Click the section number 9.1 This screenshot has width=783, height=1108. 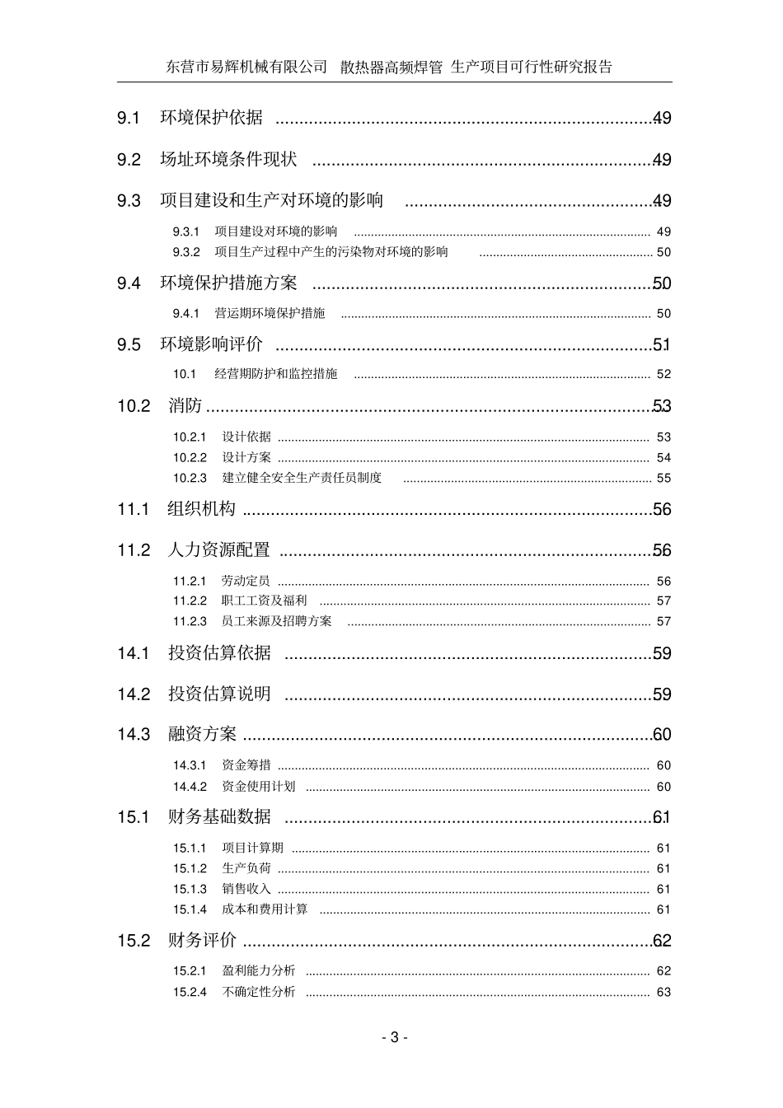click(129, 118)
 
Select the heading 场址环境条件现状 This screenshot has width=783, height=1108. click(228, 159)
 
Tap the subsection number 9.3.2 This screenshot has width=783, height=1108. click(186, 252)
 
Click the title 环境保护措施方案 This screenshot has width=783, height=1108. click(228, 283)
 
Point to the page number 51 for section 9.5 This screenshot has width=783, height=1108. click(662, 344)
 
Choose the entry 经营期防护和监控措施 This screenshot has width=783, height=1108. click(275, 374)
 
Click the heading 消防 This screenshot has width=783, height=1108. click(185, 405)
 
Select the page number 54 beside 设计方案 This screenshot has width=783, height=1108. click(663, 458)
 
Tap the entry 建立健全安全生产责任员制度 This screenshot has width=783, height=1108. click(302, 478)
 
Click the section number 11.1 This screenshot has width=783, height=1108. click(133, 509)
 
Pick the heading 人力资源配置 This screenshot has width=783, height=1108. click(218, 549)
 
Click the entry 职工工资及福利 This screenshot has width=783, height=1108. click(264, 601)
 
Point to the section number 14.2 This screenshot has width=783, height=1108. click(134, 694)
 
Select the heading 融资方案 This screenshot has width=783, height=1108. click(202, 734)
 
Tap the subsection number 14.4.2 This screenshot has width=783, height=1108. click(190, 787)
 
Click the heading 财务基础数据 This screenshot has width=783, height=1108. click(219, 816)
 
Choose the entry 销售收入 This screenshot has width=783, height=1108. click(246, 889)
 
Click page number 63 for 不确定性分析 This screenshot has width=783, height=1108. click(663, 992)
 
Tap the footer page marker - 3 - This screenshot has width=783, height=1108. click(394, 1037)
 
